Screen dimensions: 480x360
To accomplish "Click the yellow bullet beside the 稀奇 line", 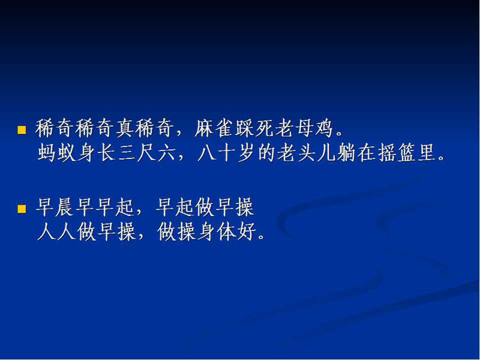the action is [22, 130].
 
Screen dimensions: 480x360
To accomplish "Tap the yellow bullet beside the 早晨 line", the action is [22, 209].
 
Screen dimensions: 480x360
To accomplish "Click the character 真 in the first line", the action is [125, 128].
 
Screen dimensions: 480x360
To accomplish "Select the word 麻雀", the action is [214, 128].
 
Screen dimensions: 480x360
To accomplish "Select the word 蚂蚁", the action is [57, 152].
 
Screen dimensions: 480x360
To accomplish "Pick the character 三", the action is [127, 152].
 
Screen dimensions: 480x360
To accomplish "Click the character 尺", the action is [146, 152].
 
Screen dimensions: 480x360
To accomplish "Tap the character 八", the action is [206, 152].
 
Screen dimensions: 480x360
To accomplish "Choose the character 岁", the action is [247, 152].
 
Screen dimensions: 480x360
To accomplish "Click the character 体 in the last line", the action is [227, 232].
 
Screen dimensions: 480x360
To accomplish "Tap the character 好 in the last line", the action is [247, 232].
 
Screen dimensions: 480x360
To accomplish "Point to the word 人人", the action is [56, 232].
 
